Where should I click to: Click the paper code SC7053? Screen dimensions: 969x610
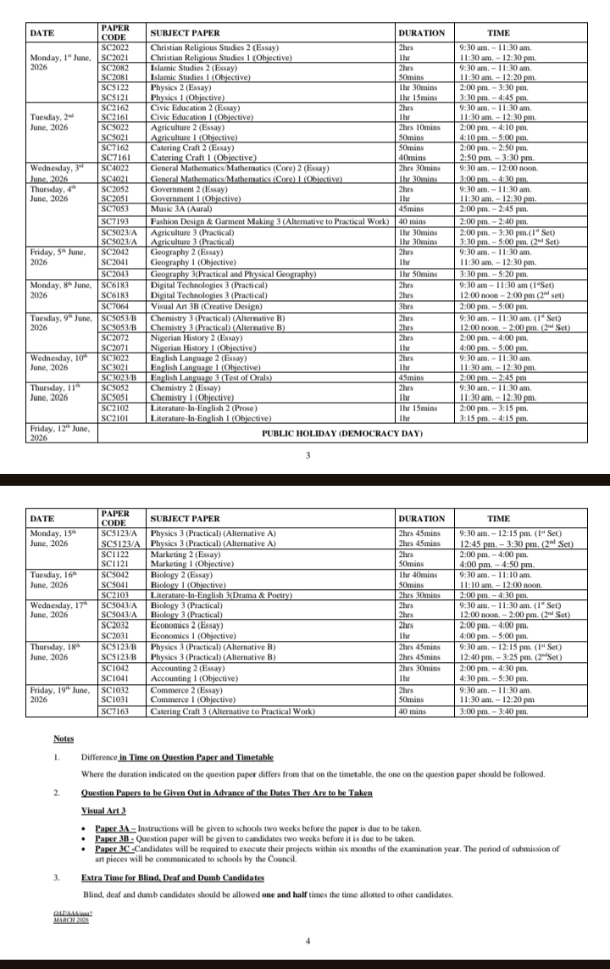pyautogui.click(x=114, y=209)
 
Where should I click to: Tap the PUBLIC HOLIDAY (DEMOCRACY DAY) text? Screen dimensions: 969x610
pyautogui.click(x=341, y=433)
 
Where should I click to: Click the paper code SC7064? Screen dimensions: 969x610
pyautogui.click(x=114, y=306)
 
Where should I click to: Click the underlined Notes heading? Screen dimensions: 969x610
pyautogui.click(x=63, y=739)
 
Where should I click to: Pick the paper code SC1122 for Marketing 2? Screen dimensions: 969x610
pyautogui.click(x=114, y=554)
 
